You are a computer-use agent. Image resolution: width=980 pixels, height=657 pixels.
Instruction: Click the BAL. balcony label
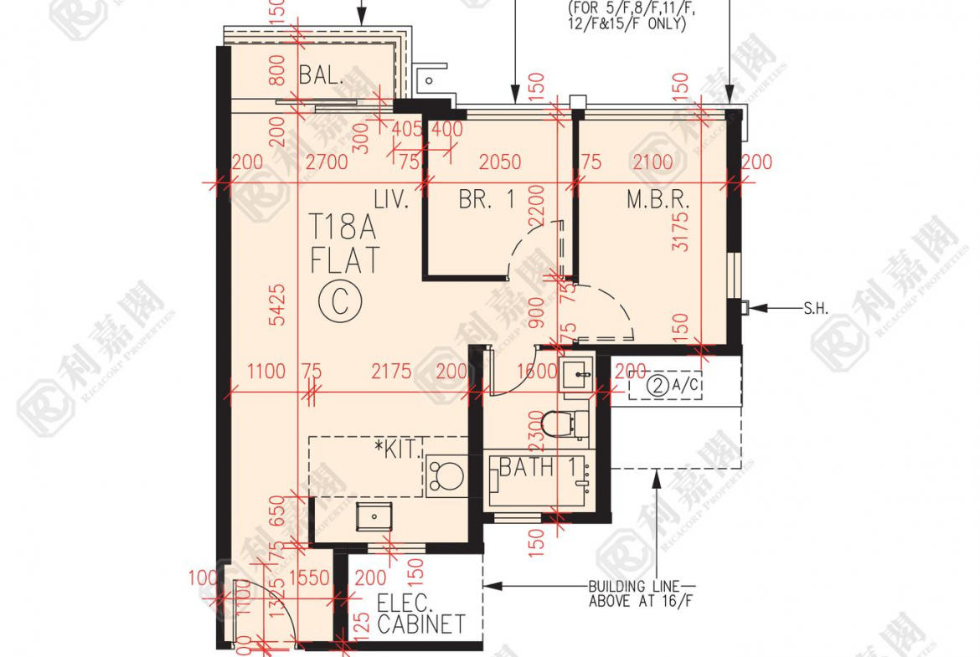tap(322, 75)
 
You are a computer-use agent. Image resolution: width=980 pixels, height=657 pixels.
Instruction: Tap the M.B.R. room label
tap(658, 200)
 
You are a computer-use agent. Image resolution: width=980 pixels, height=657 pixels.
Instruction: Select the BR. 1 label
tap(486, 200)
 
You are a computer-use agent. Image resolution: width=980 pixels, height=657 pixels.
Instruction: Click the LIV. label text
tap(390, 200)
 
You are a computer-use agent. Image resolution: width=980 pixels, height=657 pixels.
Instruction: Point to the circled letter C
tap(340, 300)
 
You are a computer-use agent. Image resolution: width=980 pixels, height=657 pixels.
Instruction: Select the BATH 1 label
tap(537, 467)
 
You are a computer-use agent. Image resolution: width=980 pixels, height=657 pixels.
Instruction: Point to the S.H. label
tap(815, 308)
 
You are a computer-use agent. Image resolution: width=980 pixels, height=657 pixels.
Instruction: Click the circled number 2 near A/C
tap(659, 386)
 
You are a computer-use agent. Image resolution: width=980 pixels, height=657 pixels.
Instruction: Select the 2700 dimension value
tap(327, 162)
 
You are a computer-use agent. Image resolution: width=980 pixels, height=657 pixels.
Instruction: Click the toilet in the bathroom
tap(558, 423)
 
